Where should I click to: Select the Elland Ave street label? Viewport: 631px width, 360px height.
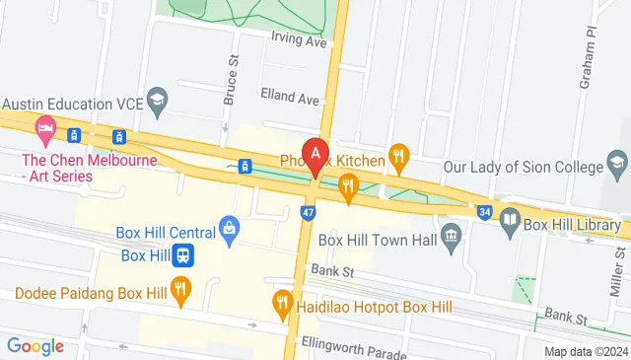click(291, 100)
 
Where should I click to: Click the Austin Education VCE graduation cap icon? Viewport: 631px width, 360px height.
click(157, 100)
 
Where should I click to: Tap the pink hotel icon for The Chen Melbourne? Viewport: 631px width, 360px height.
click(44, 127)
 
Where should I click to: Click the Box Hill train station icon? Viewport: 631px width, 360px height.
click(183, 255)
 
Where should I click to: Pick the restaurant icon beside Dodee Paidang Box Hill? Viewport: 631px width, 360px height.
click(179, 290)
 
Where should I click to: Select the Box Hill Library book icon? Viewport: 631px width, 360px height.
click(510, 218)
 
